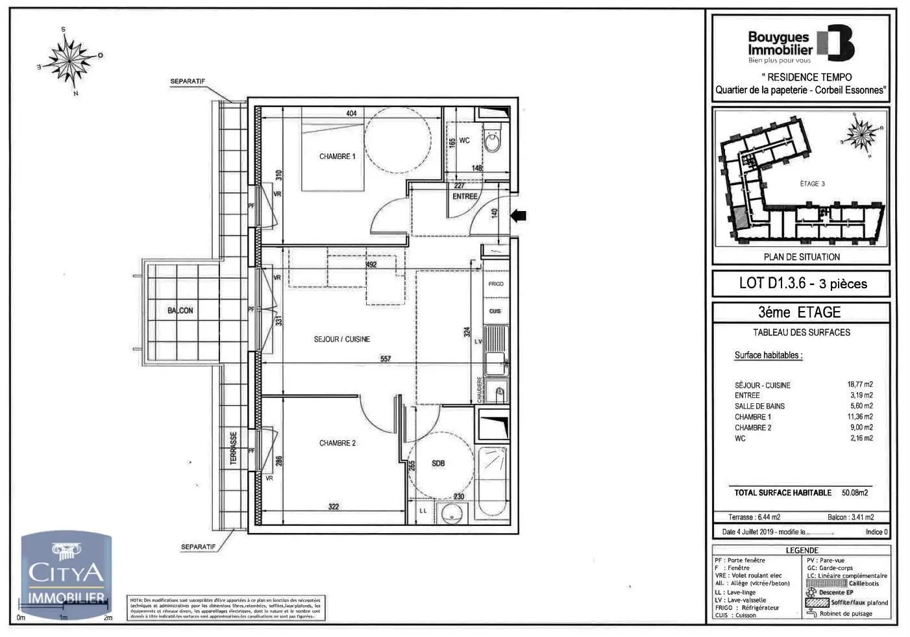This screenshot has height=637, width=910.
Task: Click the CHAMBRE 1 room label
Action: pos(337,156)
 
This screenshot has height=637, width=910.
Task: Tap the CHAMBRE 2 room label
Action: pos(337,443)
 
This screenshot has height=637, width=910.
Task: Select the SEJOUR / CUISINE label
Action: pos(341,339)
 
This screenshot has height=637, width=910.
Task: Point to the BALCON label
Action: pos(180,310)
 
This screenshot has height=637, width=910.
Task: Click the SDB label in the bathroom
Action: pos(438,463)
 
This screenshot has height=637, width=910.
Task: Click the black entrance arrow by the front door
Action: pos(519,216)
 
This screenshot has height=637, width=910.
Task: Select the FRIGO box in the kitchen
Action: pos(496,284)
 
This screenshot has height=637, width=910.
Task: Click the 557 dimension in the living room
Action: pos(386,358)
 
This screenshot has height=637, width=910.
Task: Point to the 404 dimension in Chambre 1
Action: pos(351,114)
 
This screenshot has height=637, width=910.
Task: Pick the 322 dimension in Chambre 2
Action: pos(334,507)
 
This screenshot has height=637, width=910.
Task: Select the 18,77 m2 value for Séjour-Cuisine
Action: pos(860,384)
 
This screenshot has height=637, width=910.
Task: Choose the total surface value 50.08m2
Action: pos(855,493)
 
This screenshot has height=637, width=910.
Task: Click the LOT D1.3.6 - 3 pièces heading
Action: pos(802,283)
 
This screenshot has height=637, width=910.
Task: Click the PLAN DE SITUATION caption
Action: pos(802,257)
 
